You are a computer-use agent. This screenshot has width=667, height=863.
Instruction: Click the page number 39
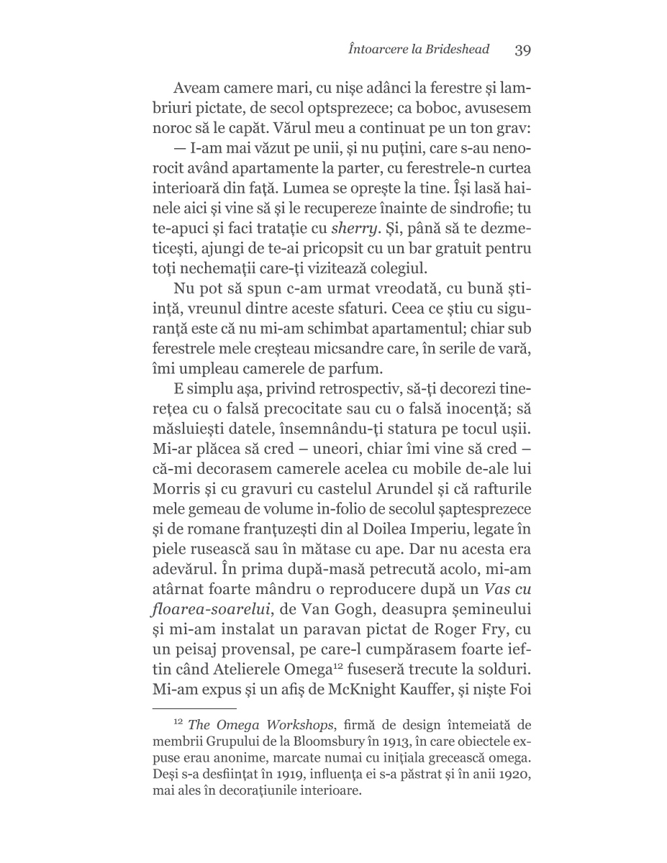(522, 50)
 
